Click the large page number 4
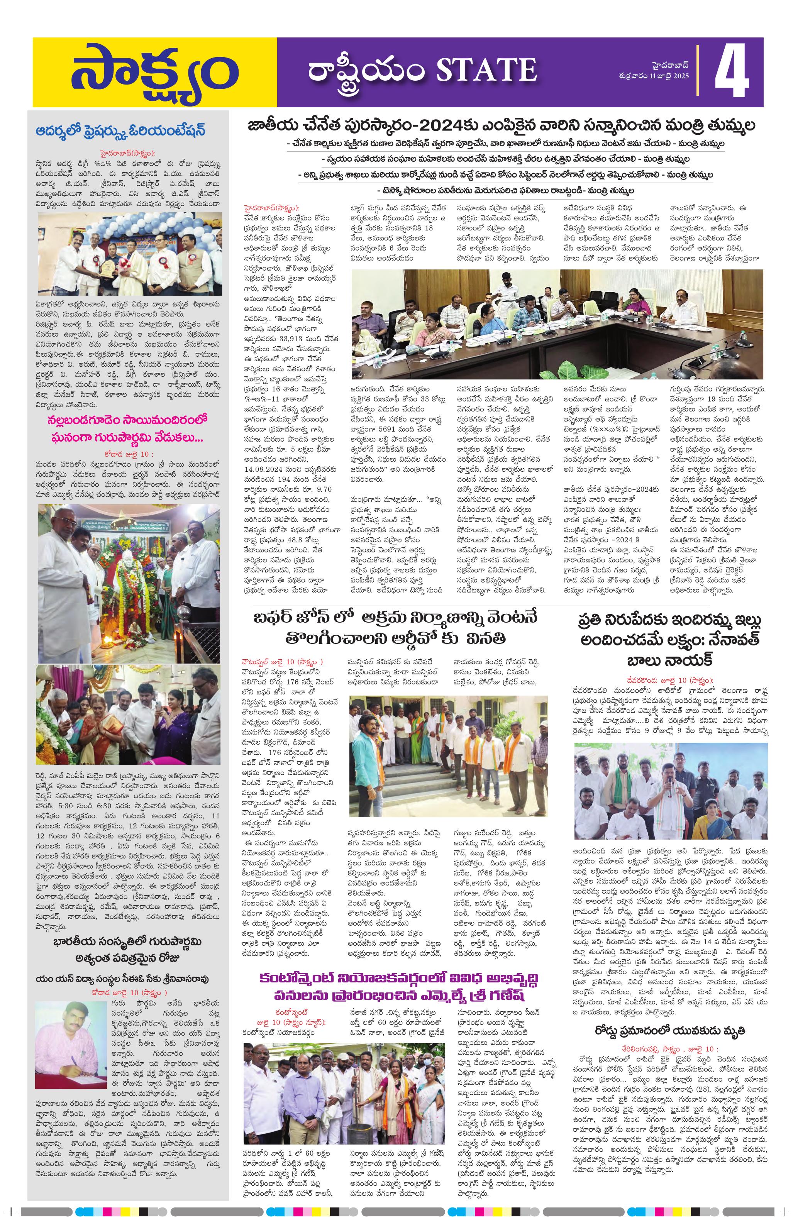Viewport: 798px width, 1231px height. click(x=732, y=72)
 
